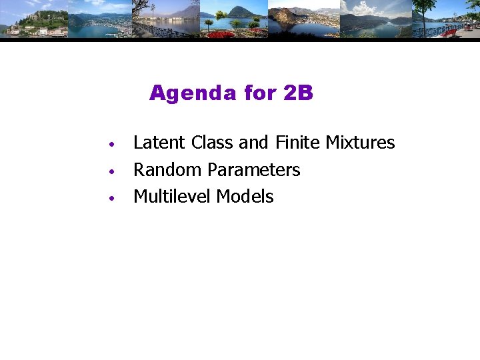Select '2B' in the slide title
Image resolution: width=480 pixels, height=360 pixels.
coord(298,93)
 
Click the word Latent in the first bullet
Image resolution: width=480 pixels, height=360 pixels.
coord(160,143)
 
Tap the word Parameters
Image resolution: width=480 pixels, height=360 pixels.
coord(254,170)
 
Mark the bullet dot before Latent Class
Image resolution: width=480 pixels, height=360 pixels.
coord(114,145)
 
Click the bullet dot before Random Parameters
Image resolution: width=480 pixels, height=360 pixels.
coord(114,171)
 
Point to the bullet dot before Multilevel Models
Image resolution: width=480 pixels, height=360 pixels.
coord(114,198)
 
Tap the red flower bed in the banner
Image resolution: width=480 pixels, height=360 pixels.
coord(221,34)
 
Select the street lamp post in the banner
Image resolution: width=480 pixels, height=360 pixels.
coord(153,17)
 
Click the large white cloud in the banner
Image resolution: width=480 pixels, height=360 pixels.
coord(363,8)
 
